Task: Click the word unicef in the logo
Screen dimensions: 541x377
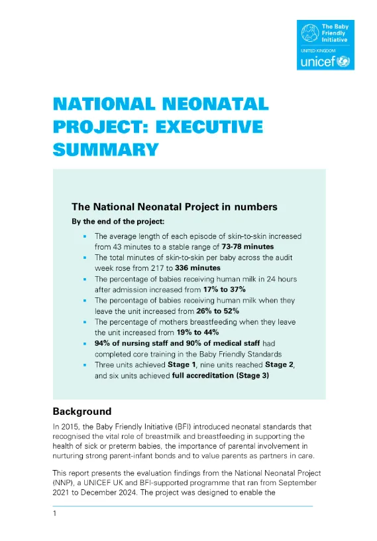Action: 317,62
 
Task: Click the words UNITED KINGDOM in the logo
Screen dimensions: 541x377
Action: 318,50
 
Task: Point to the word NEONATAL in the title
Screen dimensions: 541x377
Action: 214,104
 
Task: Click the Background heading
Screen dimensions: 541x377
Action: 82,412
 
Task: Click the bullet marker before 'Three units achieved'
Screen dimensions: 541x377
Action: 85,365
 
